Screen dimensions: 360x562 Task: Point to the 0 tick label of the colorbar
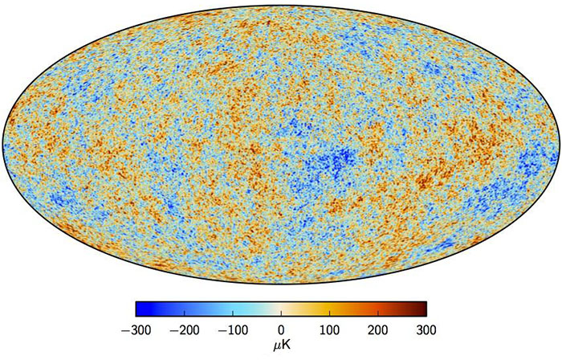(281, 329)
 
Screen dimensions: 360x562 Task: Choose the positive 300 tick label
(426, 329)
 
